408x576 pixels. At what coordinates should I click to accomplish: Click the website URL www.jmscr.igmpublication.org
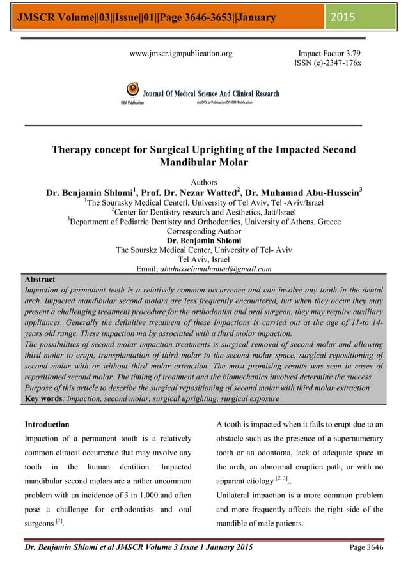pos(181,54)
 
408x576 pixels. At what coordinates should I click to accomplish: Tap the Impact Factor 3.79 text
pos(329,54)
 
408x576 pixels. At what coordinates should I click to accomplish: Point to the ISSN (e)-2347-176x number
pos(327,63)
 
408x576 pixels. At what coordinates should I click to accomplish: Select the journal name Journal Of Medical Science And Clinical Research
pos(210,94)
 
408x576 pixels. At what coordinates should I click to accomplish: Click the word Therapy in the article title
pos(72,150)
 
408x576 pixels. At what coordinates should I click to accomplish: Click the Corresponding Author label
pos(204,231)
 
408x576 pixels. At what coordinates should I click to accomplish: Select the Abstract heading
pos(40,280)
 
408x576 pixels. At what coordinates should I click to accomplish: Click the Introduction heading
pos(47,424)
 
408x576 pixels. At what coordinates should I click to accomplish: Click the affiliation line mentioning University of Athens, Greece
pos(204,222)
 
